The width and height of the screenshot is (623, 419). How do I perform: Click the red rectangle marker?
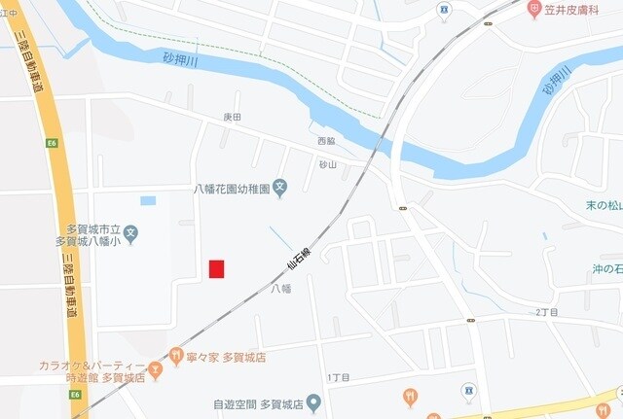point(216,268)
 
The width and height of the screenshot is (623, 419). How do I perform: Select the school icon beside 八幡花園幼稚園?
point(279,188)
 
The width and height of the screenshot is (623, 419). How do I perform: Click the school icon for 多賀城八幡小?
point(131,233)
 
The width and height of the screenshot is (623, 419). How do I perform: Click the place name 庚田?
point(232,117)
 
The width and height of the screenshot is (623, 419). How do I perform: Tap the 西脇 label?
point(326,141)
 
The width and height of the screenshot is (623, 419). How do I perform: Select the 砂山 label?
point(327,164)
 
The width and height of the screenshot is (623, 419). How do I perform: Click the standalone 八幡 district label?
point(280,289)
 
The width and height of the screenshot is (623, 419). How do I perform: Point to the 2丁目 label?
point(549,312)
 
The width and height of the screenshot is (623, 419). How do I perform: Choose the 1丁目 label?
point(339,377)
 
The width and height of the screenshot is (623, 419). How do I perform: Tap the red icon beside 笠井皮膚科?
point(534,9)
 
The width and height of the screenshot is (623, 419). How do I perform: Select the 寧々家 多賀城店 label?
point(227,358)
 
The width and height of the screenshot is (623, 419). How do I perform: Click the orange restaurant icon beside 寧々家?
point(176,357)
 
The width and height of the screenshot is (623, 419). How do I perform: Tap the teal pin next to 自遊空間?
point(312,402)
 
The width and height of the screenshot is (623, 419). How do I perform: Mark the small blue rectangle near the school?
point(148,201)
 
